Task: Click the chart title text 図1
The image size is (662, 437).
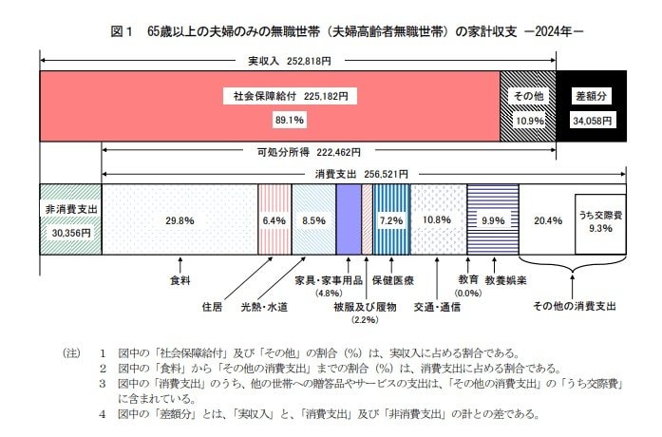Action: coord(122,32)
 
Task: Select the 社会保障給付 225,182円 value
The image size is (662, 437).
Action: coord(290,96)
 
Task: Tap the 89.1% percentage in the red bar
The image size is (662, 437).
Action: coord(289,121)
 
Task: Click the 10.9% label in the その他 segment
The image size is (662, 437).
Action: coord(528,121)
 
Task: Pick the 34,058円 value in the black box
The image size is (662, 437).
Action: coord(591,121)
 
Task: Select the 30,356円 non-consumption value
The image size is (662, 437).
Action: coord(68,232)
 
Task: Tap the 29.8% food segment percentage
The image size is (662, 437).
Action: coord(180,219)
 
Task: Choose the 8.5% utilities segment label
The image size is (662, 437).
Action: coord(312,219)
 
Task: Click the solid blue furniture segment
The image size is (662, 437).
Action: coord(349,219)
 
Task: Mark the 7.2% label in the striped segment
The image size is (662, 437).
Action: coord(391,219)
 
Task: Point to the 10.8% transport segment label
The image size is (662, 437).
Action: coord(437,219)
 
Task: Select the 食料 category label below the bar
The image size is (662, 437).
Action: coord(180,281)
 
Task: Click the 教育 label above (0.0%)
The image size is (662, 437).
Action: coord(468,281)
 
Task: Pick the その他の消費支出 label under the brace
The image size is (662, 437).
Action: coord(574,306)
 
